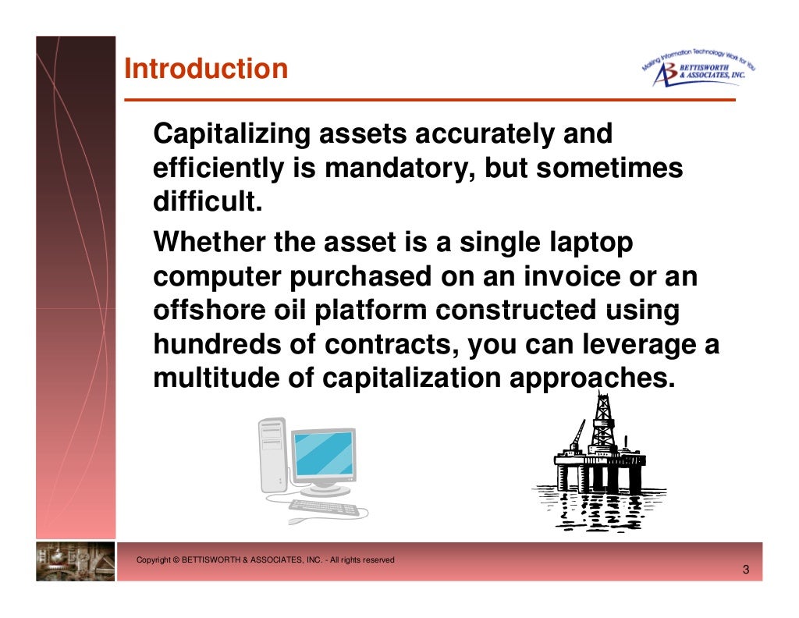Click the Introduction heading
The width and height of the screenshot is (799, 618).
coord(206,69)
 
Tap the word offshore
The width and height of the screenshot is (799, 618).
coord(204,310)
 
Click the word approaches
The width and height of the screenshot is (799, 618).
coord(591,378)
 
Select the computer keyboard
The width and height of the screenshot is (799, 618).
coord(325,508)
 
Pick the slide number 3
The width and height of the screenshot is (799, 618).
coord(745,570)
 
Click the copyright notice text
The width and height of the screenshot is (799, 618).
coord(265,560)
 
